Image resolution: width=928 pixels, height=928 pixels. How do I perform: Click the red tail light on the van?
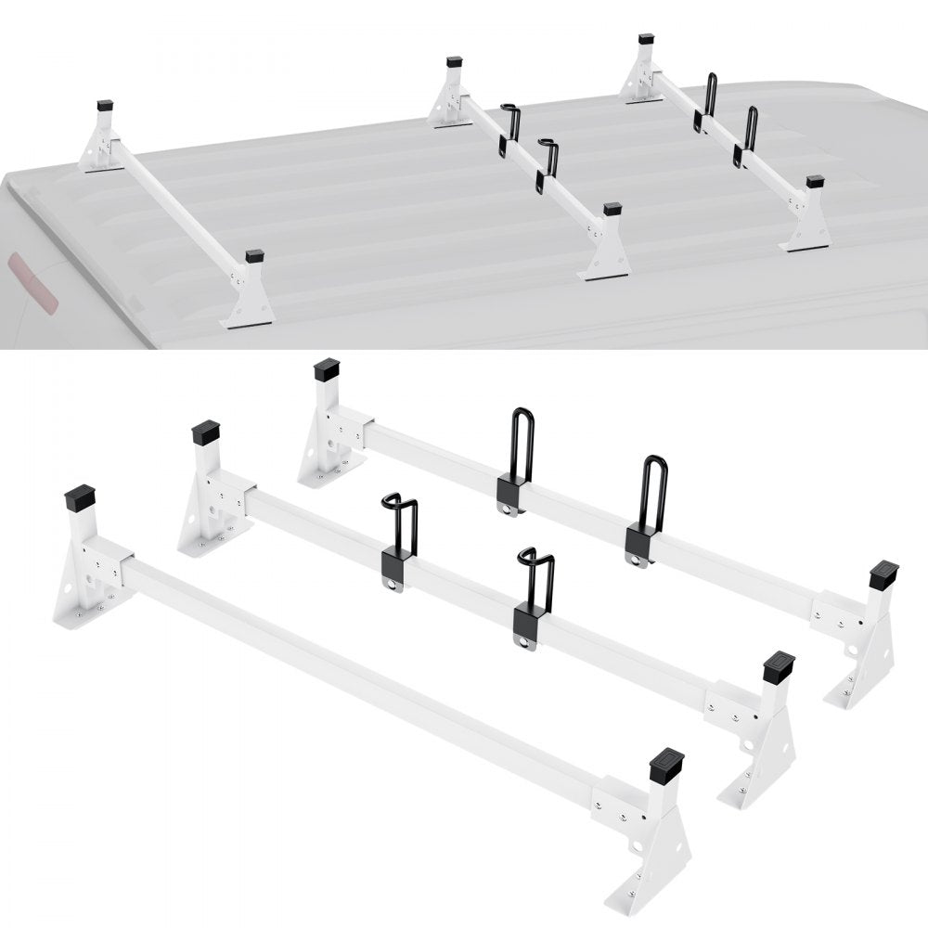coord(32,283)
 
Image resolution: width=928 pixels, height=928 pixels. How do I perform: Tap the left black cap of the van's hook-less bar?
coord(104,107)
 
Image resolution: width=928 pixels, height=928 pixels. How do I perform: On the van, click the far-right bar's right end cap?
coord(815,181)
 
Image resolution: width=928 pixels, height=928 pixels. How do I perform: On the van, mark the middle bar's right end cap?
coord(612,210)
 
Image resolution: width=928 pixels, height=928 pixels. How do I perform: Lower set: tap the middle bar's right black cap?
coord(778,667)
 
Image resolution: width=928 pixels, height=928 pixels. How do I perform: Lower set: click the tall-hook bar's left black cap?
coord(328,371)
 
